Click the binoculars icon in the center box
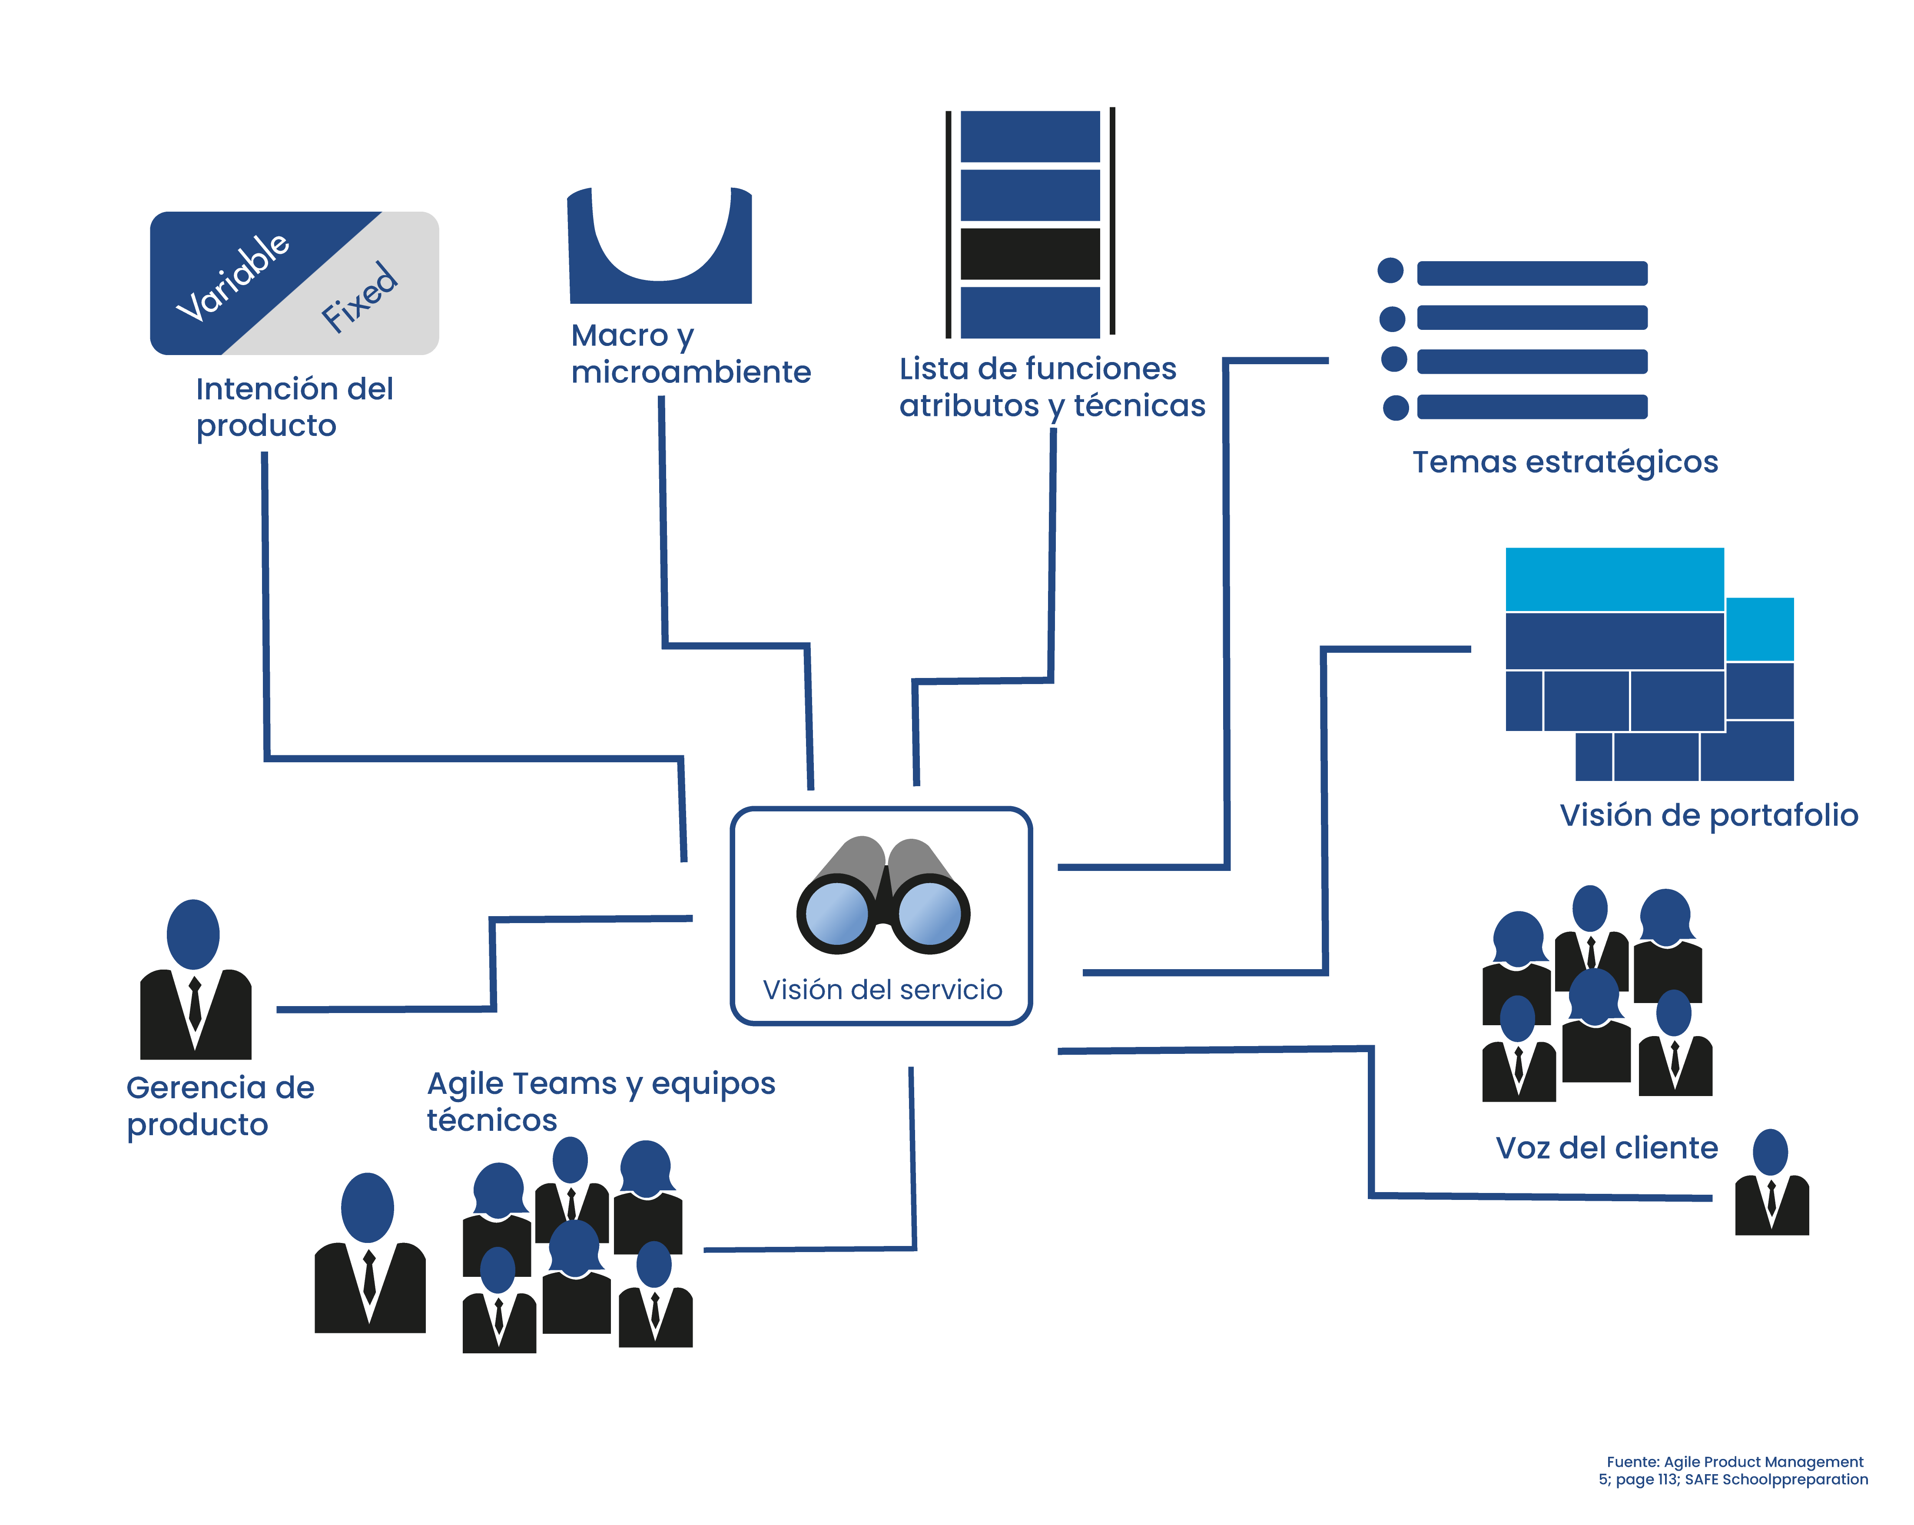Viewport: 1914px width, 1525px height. [882, 895]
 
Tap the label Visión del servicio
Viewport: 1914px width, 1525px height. [882, 990]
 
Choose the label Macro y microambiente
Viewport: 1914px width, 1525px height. [690, 353]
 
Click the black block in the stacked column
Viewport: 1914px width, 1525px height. [1030, 254]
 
